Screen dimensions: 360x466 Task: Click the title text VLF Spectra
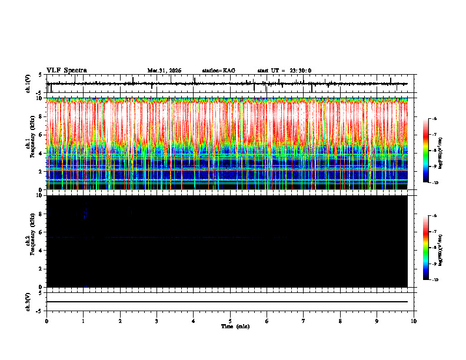[x=66, y=71]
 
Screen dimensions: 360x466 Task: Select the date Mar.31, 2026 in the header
[x=164, y=71]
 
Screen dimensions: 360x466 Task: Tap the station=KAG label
[x=218, y=71]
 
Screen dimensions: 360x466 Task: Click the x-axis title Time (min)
[x=235, y=326]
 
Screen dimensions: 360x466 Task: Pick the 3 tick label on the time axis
[x=157, y=321]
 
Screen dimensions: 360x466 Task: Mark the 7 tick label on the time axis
[x=304, y=321]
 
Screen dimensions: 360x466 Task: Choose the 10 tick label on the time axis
[x=414, y=321]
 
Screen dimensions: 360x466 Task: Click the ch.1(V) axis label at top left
[x=28, y=84]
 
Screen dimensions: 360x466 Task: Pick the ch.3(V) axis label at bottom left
[x=28, y=301]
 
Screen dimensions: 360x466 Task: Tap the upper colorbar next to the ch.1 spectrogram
[x=427, y=151]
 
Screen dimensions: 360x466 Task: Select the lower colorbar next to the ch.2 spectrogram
[x=427, y=248]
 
